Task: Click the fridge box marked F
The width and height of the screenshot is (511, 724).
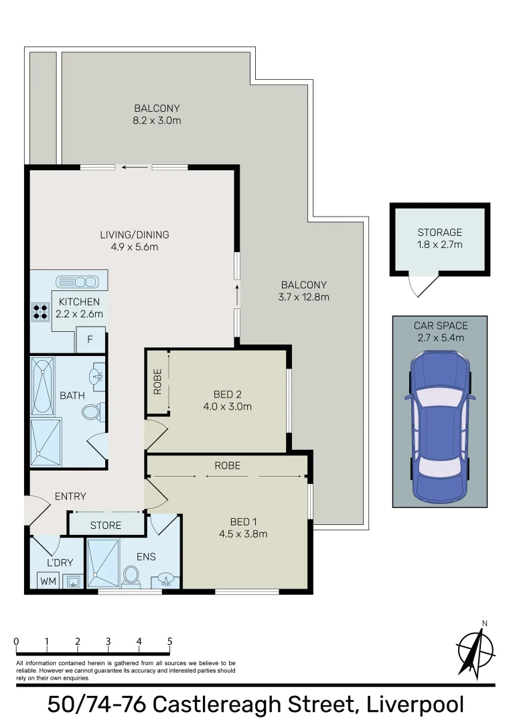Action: click(90, 340)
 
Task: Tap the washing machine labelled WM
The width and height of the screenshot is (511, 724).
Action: click(48, 581)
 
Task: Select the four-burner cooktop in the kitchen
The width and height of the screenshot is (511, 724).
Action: click(40, 311)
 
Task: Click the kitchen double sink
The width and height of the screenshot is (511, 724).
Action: click(77, 281)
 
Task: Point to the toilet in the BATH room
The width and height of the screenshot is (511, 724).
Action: click(92, 412)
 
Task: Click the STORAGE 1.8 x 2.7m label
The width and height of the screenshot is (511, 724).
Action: click(439, 239)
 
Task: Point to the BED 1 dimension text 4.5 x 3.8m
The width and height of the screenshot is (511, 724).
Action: click(243, 534)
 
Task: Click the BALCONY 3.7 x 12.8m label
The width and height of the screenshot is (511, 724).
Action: click(305, 290)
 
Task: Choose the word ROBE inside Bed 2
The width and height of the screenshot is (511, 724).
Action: click(157, 382)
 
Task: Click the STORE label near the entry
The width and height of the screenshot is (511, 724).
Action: click(106, 525)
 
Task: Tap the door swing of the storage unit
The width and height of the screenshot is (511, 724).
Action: click(421, 286)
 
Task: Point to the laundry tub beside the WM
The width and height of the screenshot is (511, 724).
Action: click(72, 581)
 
